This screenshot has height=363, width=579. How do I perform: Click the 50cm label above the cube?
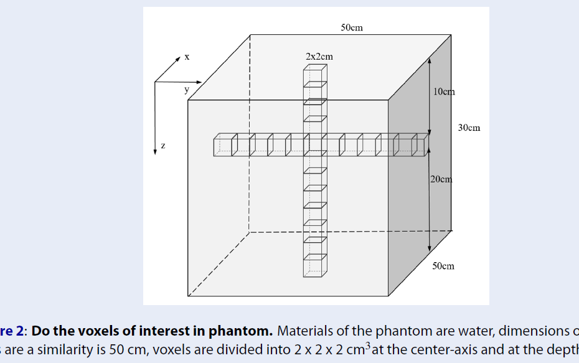point(352,28)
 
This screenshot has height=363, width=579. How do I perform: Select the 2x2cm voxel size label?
point(319,57)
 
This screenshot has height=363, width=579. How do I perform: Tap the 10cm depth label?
point(444,92)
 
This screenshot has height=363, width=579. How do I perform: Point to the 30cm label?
point(469,128)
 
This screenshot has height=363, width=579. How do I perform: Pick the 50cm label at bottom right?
point(443,266)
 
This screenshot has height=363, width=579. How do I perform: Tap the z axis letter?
point(163,146)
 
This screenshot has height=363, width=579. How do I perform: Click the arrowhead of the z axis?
point(155,151)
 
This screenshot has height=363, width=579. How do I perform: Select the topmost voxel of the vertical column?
point(314,74)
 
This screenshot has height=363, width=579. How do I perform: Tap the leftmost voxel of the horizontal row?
point(222,145)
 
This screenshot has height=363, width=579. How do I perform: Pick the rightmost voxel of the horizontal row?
point(420,145)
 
